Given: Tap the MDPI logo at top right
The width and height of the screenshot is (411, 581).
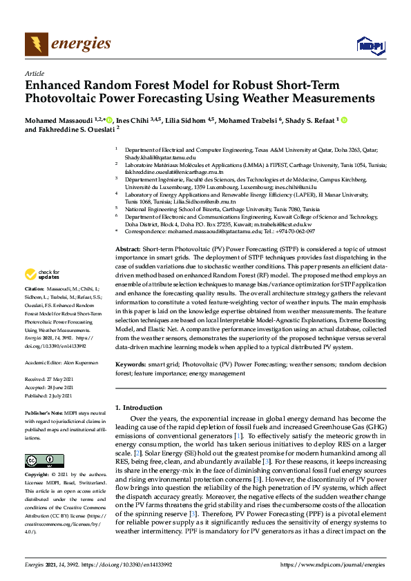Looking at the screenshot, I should [x=370, y=46].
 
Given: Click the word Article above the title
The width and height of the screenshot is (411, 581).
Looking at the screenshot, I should [x=33, y=73].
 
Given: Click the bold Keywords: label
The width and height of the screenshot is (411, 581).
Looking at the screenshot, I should [x=131, y=364].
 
